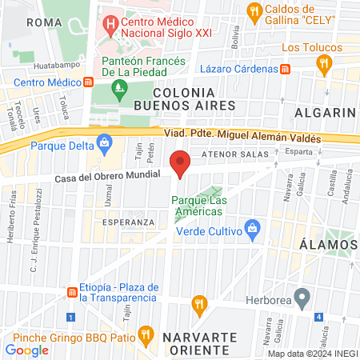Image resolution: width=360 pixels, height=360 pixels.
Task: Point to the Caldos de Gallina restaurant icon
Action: pos(255,10)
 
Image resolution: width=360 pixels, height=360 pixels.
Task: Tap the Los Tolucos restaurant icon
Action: pos(323,64)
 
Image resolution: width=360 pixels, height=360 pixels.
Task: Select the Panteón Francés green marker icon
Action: pos(120,90)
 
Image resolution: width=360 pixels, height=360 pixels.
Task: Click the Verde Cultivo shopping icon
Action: pos(252,228)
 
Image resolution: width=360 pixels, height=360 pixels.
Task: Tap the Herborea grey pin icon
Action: pos(302,300)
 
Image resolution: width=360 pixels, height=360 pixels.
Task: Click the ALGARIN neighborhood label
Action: pos(324,112)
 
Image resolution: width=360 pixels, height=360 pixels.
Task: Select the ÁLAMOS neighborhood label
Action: pos(328,244)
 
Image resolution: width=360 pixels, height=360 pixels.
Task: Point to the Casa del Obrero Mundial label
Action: pos(107,178)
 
